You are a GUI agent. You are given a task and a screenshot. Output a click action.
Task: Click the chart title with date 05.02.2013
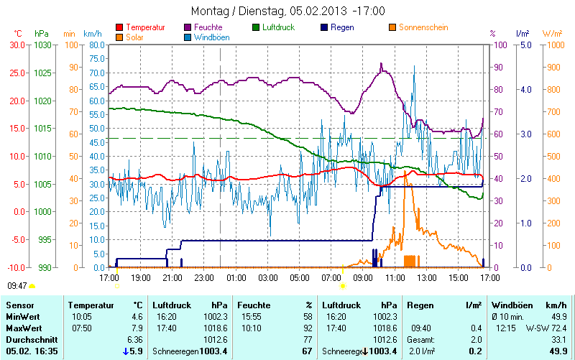coord(287,11)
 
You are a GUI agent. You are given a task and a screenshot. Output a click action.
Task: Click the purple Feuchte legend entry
coord(208,27)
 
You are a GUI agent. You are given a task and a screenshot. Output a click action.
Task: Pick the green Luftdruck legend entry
coord(277,27)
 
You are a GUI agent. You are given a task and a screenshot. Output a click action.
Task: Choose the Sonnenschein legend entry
coord(416,27)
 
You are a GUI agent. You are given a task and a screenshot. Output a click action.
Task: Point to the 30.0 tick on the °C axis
coord(17,45)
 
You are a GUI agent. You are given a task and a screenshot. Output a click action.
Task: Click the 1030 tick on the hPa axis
coord(43,45)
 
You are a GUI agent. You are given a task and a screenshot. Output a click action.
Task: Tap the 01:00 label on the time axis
coord(236,277)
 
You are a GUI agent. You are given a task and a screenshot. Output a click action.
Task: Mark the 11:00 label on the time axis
coord(395,277)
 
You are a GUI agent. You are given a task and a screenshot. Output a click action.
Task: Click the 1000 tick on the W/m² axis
coord(552,45)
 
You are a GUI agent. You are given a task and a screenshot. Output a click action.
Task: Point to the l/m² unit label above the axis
coord(523,34)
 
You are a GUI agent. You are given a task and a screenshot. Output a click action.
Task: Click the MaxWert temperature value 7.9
coord(137,328)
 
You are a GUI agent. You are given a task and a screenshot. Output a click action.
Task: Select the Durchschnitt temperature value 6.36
coord(134,340)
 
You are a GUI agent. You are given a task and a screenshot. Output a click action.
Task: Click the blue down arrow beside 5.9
coord(126,351)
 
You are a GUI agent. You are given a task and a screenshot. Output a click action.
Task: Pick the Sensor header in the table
coord(19,305)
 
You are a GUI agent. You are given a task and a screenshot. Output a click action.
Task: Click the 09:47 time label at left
coord(17,285)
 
